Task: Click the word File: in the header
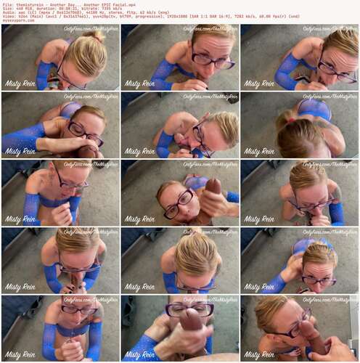click(7, 3)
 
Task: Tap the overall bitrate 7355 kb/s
click(102, 7)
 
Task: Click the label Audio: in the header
click(8, 12)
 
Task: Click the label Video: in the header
click(8, 16)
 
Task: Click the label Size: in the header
click(7, 7)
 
